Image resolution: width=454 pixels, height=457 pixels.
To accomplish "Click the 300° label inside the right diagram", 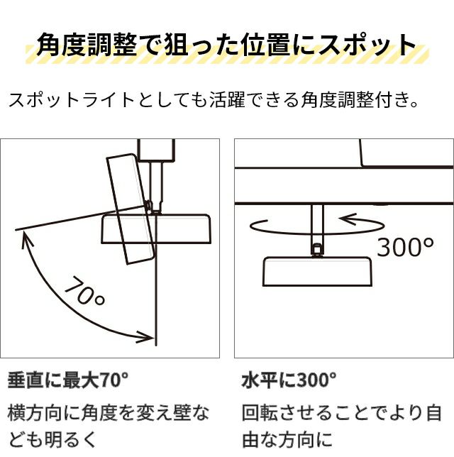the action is [405, 247].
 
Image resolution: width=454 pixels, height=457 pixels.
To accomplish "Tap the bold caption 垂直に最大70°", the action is [68, 380].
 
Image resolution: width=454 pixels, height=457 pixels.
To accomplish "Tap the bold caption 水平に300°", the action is [289, 380].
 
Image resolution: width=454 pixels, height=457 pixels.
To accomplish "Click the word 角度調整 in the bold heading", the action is [87, 45].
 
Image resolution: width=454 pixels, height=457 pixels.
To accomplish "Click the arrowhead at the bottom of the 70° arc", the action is [146, 338].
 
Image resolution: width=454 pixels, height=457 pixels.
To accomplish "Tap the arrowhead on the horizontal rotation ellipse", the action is [348, 219].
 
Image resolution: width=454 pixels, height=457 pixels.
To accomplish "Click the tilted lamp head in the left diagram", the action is [131, 209].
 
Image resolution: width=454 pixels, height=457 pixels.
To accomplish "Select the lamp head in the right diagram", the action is [318, 271].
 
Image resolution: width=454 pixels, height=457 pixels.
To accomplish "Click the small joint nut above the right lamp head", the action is [317, 250].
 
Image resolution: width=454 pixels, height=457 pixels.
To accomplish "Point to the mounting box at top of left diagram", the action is [156, 150].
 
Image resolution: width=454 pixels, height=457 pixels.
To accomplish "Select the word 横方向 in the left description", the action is [35, 413].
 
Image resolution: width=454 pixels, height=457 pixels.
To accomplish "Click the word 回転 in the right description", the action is [260, 413].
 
